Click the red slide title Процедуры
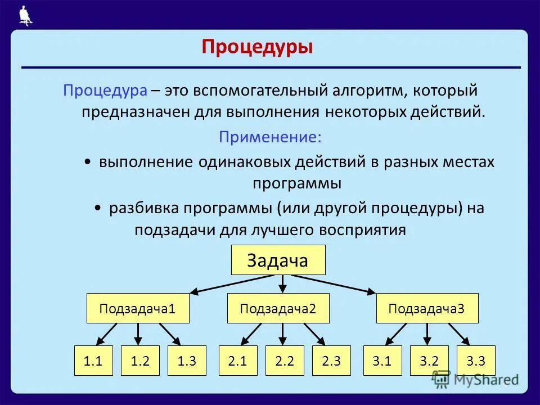coord(257,47)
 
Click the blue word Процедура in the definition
coord(105,90)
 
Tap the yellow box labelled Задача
coord(278,260)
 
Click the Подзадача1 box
coord(138,309)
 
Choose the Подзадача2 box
coord(278,309)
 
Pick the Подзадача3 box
coord(427,309)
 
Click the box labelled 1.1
coord(93,361)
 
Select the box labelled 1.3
coord(187,361)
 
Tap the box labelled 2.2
coord(284,361)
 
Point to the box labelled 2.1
coord(238,361)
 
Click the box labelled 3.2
coord(429,361)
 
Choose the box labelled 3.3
coord(476,361)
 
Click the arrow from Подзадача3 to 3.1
coord(395,334)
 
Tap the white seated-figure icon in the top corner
coord(25,15)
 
